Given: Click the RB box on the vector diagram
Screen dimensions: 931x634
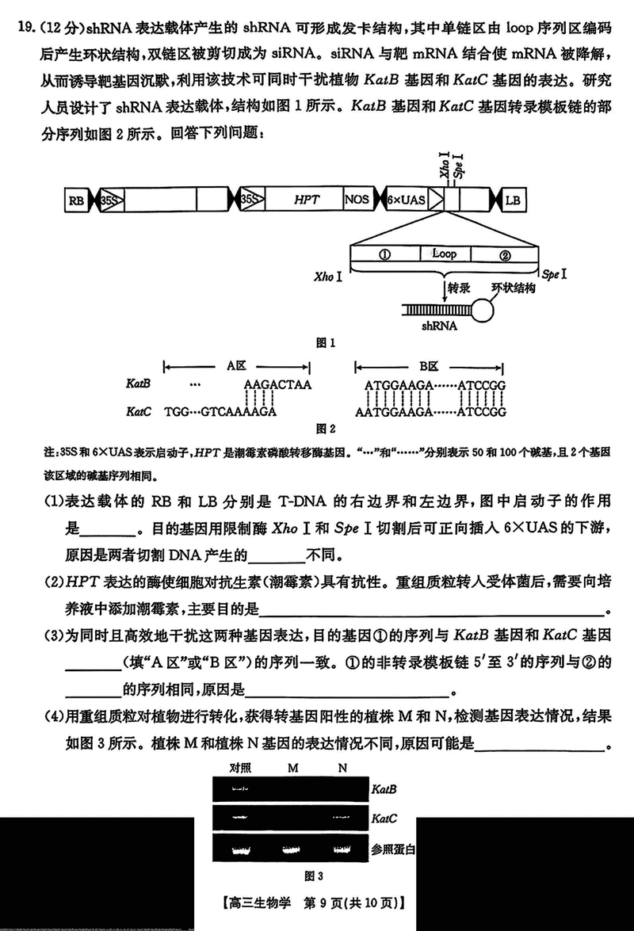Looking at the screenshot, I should tap(76, 200).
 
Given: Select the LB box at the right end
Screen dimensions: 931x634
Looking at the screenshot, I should tap(514, 200).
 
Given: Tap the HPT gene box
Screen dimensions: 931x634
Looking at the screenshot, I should tap(306, 200).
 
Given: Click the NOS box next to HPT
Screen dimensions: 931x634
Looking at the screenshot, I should tap(357, 200).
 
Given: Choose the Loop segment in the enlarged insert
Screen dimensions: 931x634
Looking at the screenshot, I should tap(444, 254).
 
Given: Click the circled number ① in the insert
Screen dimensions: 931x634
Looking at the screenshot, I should tap(384, 254).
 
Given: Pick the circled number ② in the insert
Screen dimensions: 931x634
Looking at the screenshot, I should tap(506, 254).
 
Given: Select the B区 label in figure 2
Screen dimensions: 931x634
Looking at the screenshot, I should tap(429, 367).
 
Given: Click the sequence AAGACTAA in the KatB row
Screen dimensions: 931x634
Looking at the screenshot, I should tap(278, 384).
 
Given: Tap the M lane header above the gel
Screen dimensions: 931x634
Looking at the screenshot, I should tap(292, 767).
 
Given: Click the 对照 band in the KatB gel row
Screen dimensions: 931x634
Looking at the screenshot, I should tap(240, 789).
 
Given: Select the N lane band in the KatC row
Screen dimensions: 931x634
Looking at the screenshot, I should tap(342, 815).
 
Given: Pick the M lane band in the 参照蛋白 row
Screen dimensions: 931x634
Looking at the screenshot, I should tap(291, 849).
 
